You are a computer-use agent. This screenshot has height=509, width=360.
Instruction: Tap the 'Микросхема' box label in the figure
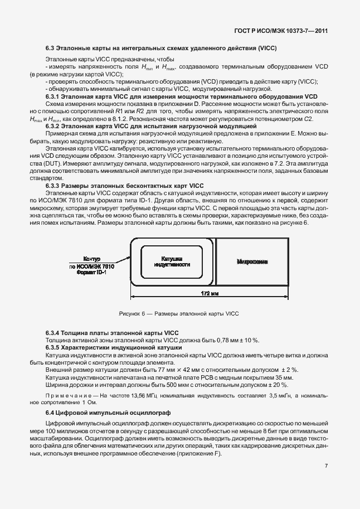[252, 261]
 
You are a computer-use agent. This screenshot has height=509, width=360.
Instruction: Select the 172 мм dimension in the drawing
[210, 293]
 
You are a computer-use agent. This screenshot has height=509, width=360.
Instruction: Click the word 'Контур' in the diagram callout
[91, 260]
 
